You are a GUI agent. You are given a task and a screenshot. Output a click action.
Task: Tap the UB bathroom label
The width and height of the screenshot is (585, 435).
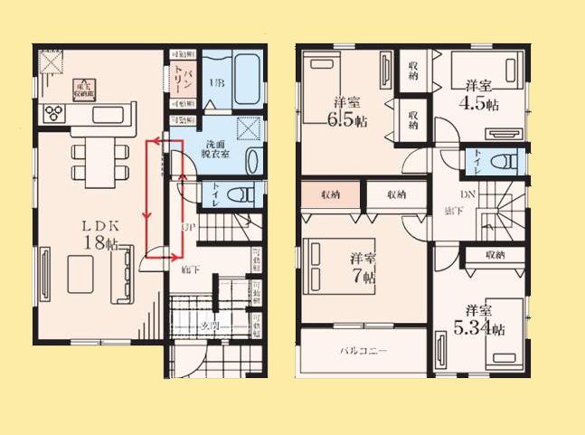216,82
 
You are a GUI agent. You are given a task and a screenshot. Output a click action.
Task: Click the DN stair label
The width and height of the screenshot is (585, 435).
467,194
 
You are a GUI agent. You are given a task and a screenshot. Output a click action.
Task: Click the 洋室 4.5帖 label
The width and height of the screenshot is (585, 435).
480,95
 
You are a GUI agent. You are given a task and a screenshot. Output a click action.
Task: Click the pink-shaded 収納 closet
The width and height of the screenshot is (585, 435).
329,194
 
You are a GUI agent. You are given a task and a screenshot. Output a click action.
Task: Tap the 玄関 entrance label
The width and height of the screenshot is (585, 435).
210,326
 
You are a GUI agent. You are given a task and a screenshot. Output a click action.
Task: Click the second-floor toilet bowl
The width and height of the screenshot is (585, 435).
505,163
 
